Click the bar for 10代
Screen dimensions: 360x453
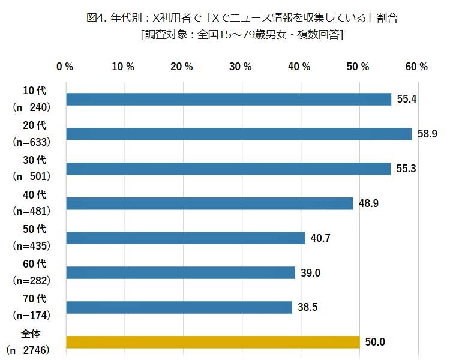[228, 99]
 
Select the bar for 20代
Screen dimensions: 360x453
[239, 134]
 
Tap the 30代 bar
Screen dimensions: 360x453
[228, 169]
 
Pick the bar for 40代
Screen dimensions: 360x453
[209, 203]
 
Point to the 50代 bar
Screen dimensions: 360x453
[185, 238]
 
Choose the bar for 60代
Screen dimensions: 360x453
[180, 273]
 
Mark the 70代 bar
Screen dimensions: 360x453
[179, 308]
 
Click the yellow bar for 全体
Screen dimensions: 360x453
[212, 342]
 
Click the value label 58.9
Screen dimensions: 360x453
[427, 134]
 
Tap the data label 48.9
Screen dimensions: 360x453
[368, 203]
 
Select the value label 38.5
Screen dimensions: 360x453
[307, 308]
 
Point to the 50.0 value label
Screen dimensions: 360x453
[374, 342]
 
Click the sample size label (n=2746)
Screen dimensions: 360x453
[28, 349]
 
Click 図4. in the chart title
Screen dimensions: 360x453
[97, 18]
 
